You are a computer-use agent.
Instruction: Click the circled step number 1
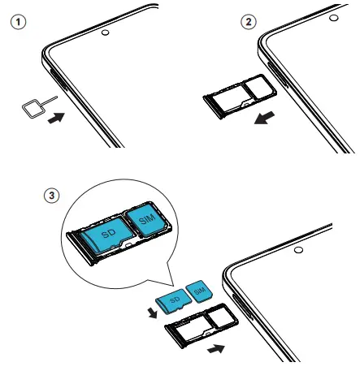tap(19, 22)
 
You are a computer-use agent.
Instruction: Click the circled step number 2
tap(249, 22)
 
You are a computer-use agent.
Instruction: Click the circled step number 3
tap(51, 196)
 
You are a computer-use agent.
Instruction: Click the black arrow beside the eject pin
tap(56, 119)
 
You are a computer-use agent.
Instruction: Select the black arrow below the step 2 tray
tap(264, 118)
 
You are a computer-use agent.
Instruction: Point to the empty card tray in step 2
tap(240, 97)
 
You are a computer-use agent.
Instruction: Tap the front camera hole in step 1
tap(106, 32)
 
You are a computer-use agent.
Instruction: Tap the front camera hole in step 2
tap(334, 18)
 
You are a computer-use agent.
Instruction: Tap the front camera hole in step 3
tap(298, 250)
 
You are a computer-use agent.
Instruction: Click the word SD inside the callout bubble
tap(109, 233)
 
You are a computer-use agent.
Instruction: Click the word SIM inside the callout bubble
tap(147, 219)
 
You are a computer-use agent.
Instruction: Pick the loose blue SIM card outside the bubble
tap(199, 291)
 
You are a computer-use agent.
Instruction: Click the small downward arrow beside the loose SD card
tap(153, 313)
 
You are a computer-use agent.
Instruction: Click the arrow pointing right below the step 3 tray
tap(216, 348)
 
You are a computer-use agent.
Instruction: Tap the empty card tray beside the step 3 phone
tap(202, 326)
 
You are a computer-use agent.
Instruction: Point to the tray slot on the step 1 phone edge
tap(59, 80)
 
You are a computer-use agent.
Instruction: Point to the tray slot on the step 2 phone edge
tap(277, 75)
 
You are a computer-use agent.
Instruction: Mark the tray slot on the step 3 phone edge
tap(242, 307)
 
